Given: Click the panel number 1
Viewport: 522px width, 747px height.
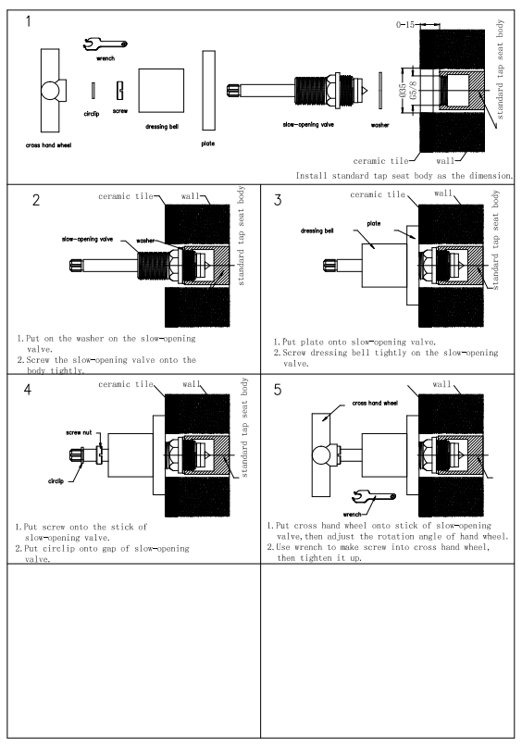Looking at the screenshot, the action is click(x=28, y=21).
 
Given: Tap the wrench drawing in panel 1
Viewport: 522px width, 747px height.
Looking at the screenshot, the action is click(x=105, y=44).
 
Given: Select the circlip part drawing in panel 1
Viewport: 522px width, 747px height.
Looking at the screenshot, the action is click(x=93, y=91).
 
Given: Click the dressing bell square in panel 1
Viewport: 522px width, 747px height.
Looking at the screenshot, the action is click(x=161, y=91).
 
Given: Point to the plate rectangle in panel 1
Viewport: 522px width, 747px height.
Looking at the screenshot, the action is click(x=208, y=91).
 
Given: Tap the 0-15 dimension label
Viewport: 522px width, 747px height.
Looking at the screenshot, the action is click(x=404, y=25).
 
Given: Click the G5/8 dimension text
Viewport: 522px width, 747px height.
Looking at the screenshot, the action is click(x=413, y=91).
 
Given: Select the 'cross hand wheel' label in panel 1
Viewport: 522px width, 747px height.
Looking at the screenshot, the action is click(x=48, y=145).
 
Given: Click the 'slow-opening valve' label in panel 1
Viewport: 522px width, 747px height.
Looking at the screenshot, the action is click(x=308, y=125).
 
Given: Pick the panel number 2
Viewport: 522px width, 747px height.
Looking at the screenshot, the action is click(x=36, y=200).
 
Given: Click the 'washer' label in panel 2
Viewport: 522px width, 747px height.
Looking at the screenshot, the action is click(x=145, y=241).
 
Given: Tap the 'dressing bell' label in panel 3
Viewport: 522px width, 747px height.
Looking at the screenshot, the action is click(x=317, y=231).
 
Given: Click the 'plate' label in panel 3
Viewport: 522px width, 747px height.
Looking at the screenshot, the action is click(x=374, y=223).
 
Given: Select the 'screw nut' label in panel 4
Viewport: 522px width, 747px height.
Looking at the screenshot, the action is click(x=79, y=432).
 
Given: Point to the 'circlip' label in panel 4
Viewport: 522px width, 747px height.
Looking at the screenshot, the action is click(x=56, y=481).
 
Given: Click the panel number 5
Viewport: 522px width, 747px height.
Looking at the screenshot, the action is click(x=278, y=390).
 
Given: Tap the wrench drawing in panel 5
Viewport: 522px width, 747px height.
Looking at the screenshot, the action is click(x=374, y=498).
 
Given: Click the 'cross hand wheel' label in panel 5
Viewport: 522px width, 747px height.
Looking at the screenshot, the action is click(x=375, y=403).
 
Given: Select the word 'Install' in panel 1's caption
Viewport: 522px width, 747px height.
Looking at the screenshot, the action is click(x=312, y=176).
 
